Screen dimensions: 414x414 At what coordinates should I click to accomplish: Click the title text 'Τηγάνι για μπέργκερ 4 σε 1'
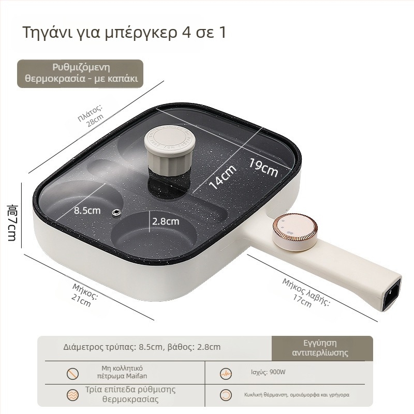pyautogui.click(x=124, y=33)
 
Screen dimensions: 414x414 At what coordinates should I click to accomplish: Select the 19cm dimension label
pyautogui.click(x=263, y=167)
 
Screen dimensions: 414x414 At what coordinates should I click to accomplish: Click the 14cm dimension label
pyautogui.click(x=223, y=177)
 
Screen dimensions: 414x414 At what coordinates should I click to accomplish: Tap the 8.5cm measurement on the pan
pyautogui.click(x=87, y=211)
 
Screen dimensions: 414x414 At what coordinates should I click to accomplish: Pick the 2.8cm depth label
pyautogui.click(x=166, y=221)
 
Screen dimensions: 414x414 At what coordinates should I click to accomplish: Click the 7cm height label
pyautogui.click(x=12, y=223)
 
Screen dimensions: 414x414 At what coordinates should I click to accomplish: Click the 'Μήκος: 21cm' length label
pyautogui.click(x=83, y=295)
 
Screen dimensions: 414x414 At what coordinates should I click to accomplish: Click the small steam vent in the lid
pyautogui.click(x=116, y=212)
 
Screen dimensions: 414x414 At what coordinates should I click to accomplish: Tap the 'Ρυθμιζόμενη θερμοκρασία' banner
pyautogui.click(x=80, y=73)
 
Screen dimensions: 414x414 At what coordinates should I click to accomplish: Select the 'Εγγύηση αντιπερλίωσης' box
pyautogui.click(x=322, y=348)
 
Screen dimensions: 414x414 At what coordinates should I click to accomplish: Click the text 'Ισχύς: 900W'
pyautogui.click(x=268, y=372)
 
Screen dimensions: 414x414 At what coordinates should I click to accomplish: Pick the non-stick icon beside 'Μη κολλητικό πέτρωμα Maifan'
pyautogui.click(x=72, y=374)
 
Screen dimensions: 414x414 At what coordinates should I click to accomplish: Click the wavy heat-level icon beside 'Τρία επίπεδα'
pyautogui.click(x=72, y=395)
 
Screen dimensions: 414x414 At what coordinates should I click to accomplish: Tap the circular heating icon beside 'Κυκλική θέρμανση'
pyautogui.click(x=226, y=395)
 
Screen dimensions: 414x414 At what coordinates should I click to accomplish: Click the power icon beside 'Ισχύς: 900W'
pyautogui.click(x=226, y=374)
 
